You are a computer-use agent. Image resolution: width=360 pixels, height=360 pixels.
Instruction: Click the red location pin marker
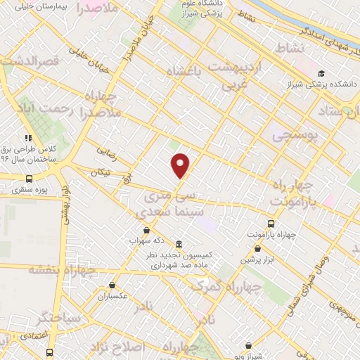181,165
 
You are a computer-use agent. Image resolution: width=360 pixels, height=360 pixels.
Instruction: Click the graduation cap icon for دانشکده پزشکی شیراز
321,73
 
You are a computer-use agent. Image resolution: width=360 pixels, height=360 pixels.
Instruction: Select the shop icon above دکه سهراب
146,230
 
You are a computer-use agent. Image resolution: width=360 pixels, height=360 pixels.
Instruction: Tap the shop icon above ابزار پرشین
259,249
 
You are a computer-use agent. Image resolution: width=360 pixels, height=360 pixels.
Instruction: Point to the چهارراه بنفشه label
61,271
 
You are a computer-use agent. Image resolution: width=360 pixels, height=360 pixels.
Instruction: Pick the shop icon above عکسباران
112,285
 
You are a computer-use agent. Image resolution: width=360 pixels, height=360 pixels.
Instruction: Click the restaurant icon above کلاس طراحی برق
28,139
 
